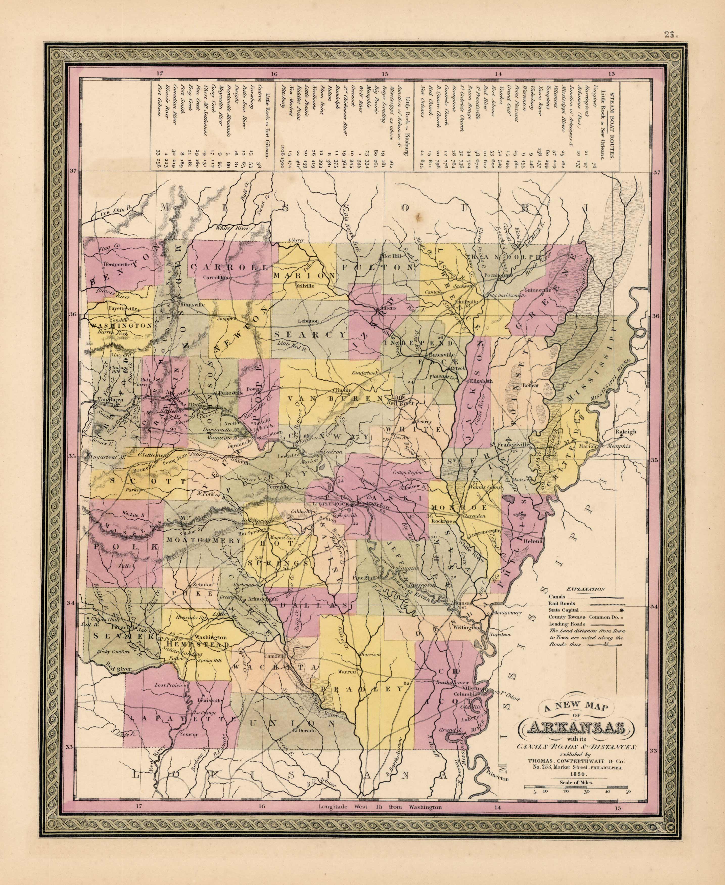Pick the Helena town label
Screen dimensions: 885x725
(x=533, y=541)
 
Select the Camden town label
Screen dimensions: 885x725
(x=275, y=656)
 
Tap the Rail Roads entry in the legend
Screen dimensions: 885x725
(x=562, y=603)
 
